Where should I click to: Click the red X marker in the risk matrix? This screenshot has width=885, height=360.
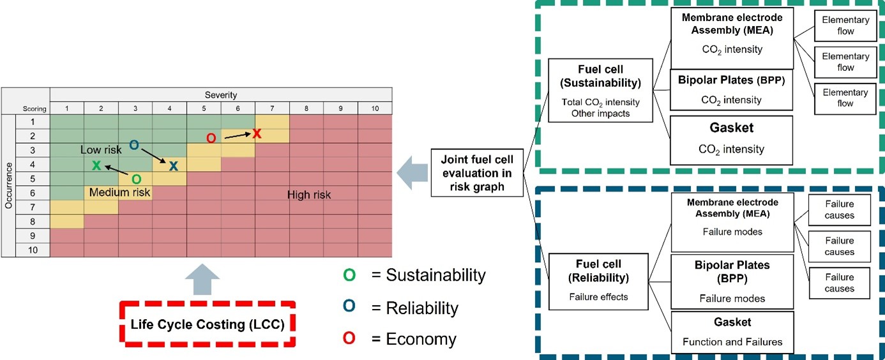click(257, 133)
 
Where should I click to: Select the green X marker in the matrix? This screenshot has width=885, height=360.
click(96, 165)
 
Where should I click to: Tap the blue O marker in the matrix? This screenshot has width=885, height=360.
click(134, 145)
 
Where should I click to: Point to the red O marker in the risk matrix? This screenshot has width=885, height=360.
click(211, 138)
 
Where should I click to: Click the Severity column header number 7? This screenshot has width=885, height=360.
click(272, 109)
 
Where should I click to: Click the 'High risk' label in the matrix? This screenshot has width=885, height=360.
click(309, 195)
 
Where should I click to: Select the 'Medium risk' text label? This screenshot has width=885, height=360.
click(120, 192)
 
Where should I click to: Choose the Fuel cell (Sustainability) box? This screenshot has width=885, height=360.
click(600, 91)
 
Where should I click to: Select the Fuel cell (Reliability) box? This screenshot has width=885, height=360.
click(598, 281)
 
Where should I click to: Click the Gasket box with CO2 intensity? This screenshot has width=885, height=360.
click(731, 140)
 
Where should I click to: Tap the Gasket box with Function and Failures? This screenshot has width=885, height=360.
click(732, 332)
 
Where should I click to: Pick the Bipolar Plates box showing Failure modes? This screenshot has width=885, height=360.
click(732, 281)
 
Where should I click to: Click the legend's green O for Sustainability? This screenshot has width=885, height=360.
click(349, 275)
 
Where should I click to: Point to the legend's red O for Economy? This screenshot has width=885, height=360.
click(349, 338)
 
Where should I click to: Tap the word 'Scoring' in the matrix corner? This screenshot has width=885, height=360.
click(34, 109)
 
